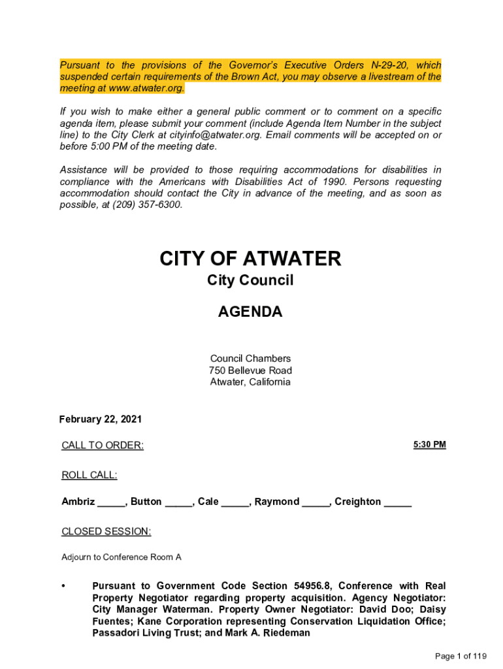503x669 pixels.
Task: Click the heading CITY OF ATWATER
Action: click(250, 259)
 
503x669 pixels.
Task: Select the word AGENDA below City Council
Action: click(250, 312)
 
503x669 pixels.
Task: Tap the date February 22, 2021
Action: click(101, 419)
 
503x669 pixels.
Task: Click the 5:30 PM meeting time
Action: click(429, 445)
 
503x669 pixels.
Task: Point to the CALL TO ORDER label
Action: click(103, 446)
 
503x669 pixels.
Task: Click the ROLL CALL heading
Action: click(89, 475)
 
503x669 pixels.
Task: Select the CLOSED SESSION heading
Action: click(106, 532)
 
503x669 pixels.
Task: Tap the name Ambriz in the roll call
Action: click(78, 502)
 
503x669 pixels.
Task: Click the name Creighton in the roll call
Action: click(358, 502)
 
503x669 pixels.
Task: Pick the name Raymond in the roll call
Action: click(277, 502)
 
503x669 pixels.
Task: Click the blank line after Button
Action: click(179, 503)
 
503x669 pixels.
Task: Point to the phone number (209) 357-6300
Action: click(147, 204)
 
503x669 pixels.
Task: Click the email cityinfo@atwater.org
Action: click(206, 135)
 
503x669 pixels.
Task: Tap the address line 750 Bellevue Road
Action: click(250, 370)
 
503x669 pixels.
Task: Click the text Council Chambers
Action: click(250, 359)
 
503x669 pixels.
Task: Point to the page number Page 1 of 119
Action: click(461, 656)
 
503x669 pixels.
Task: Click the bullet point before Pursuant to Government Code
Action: click(63, 586)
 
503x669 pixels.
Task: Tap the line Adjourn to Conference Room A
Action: click(122, 557)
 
